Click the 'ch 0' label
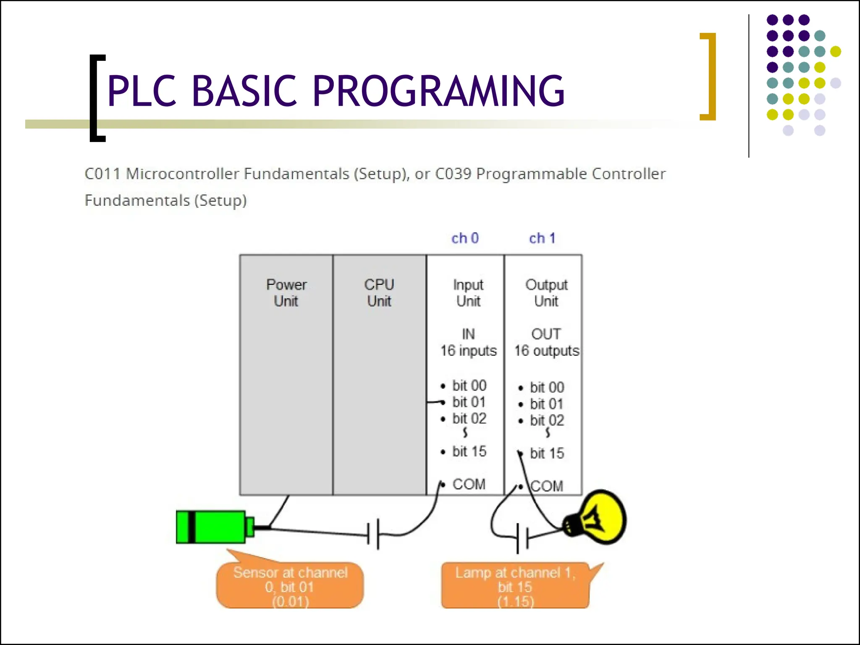click(x=465, y=238)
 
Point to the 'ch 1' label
click(x=542, y=238)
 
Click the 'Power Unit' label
click(x=286, y=293)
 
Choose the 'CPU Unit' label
click(x=379, y=293)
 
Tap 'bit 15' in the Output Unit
click(x=547, y=453)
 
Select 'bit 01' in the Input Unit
click(x=469, y=402)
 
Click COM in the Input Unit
click(x=469, y=484)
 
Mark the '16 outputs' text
click(x=547, y=351)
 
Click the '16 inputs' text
click(x=469, y=351)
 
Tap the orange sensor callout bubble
click(x=290, y=586)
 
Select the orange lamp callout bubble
click(x=515, y=586)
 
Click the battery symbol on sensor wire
click(x=373, y=534)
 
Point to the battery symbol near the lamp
click(x=522, y=537)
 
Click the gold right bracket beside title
click(x=709, y=76)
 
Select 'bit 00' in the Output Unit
click(x=547, y=387)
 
